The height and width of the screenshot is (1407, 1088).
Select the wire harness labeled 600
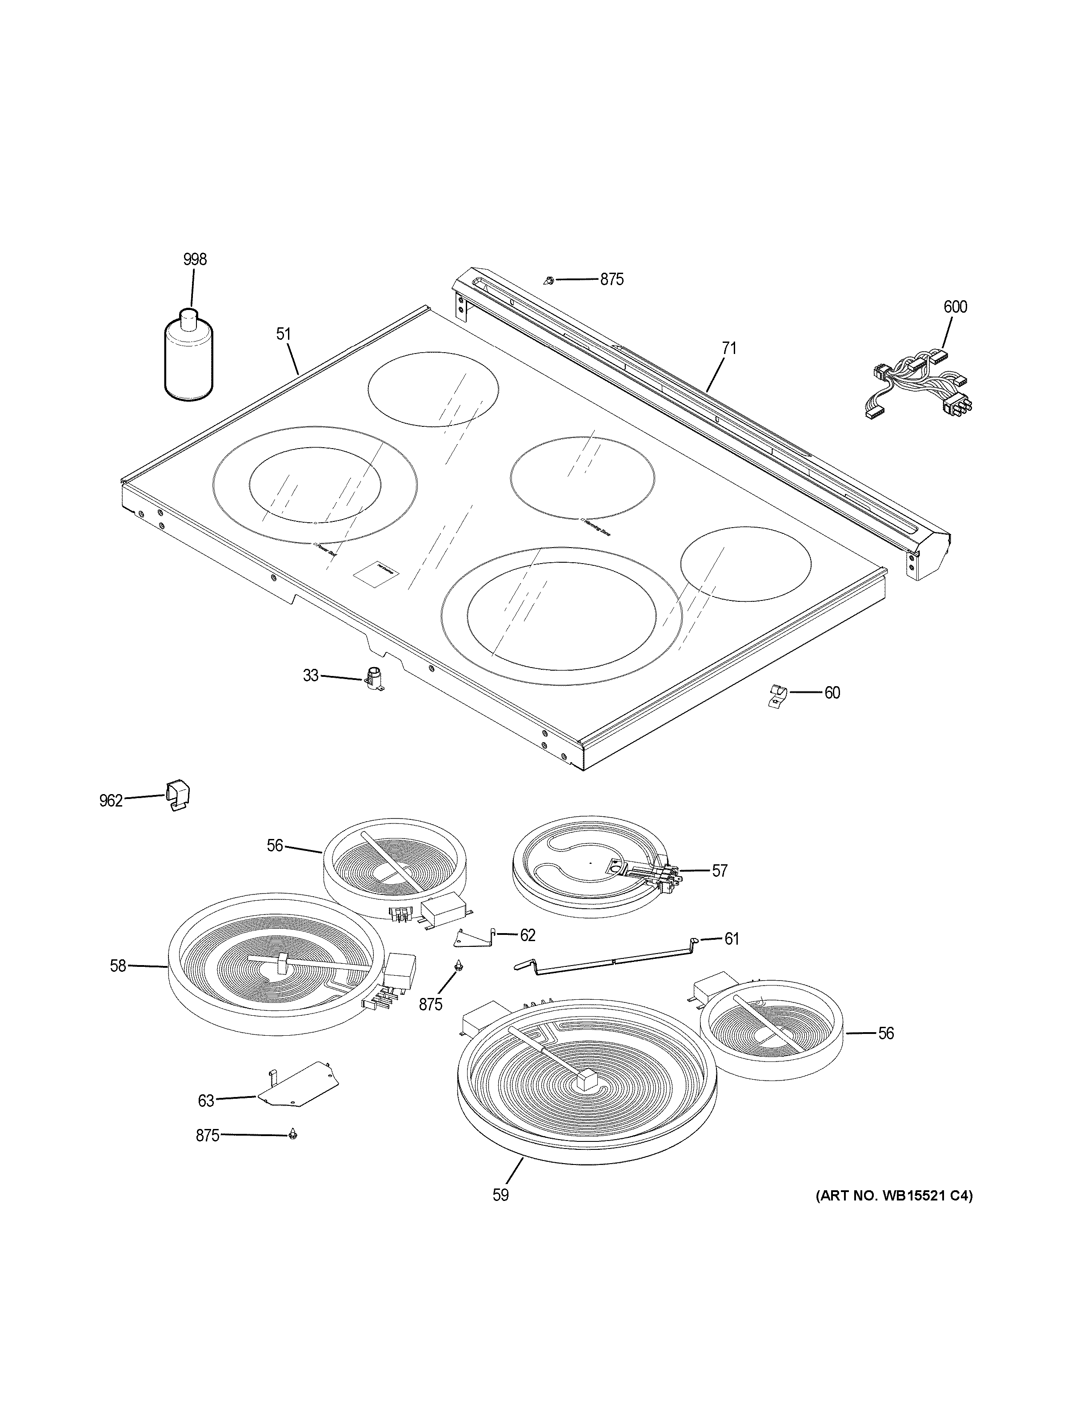(919, 386)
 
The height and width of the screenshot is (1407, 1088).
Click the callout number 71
(728, 349)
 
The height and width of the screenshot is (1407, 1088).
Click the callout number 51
(284, 334)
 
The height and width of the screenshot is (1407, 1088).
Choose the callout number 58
(117, 984)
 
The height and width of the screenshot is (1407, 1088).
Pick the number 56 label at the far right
(886, 1033)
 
